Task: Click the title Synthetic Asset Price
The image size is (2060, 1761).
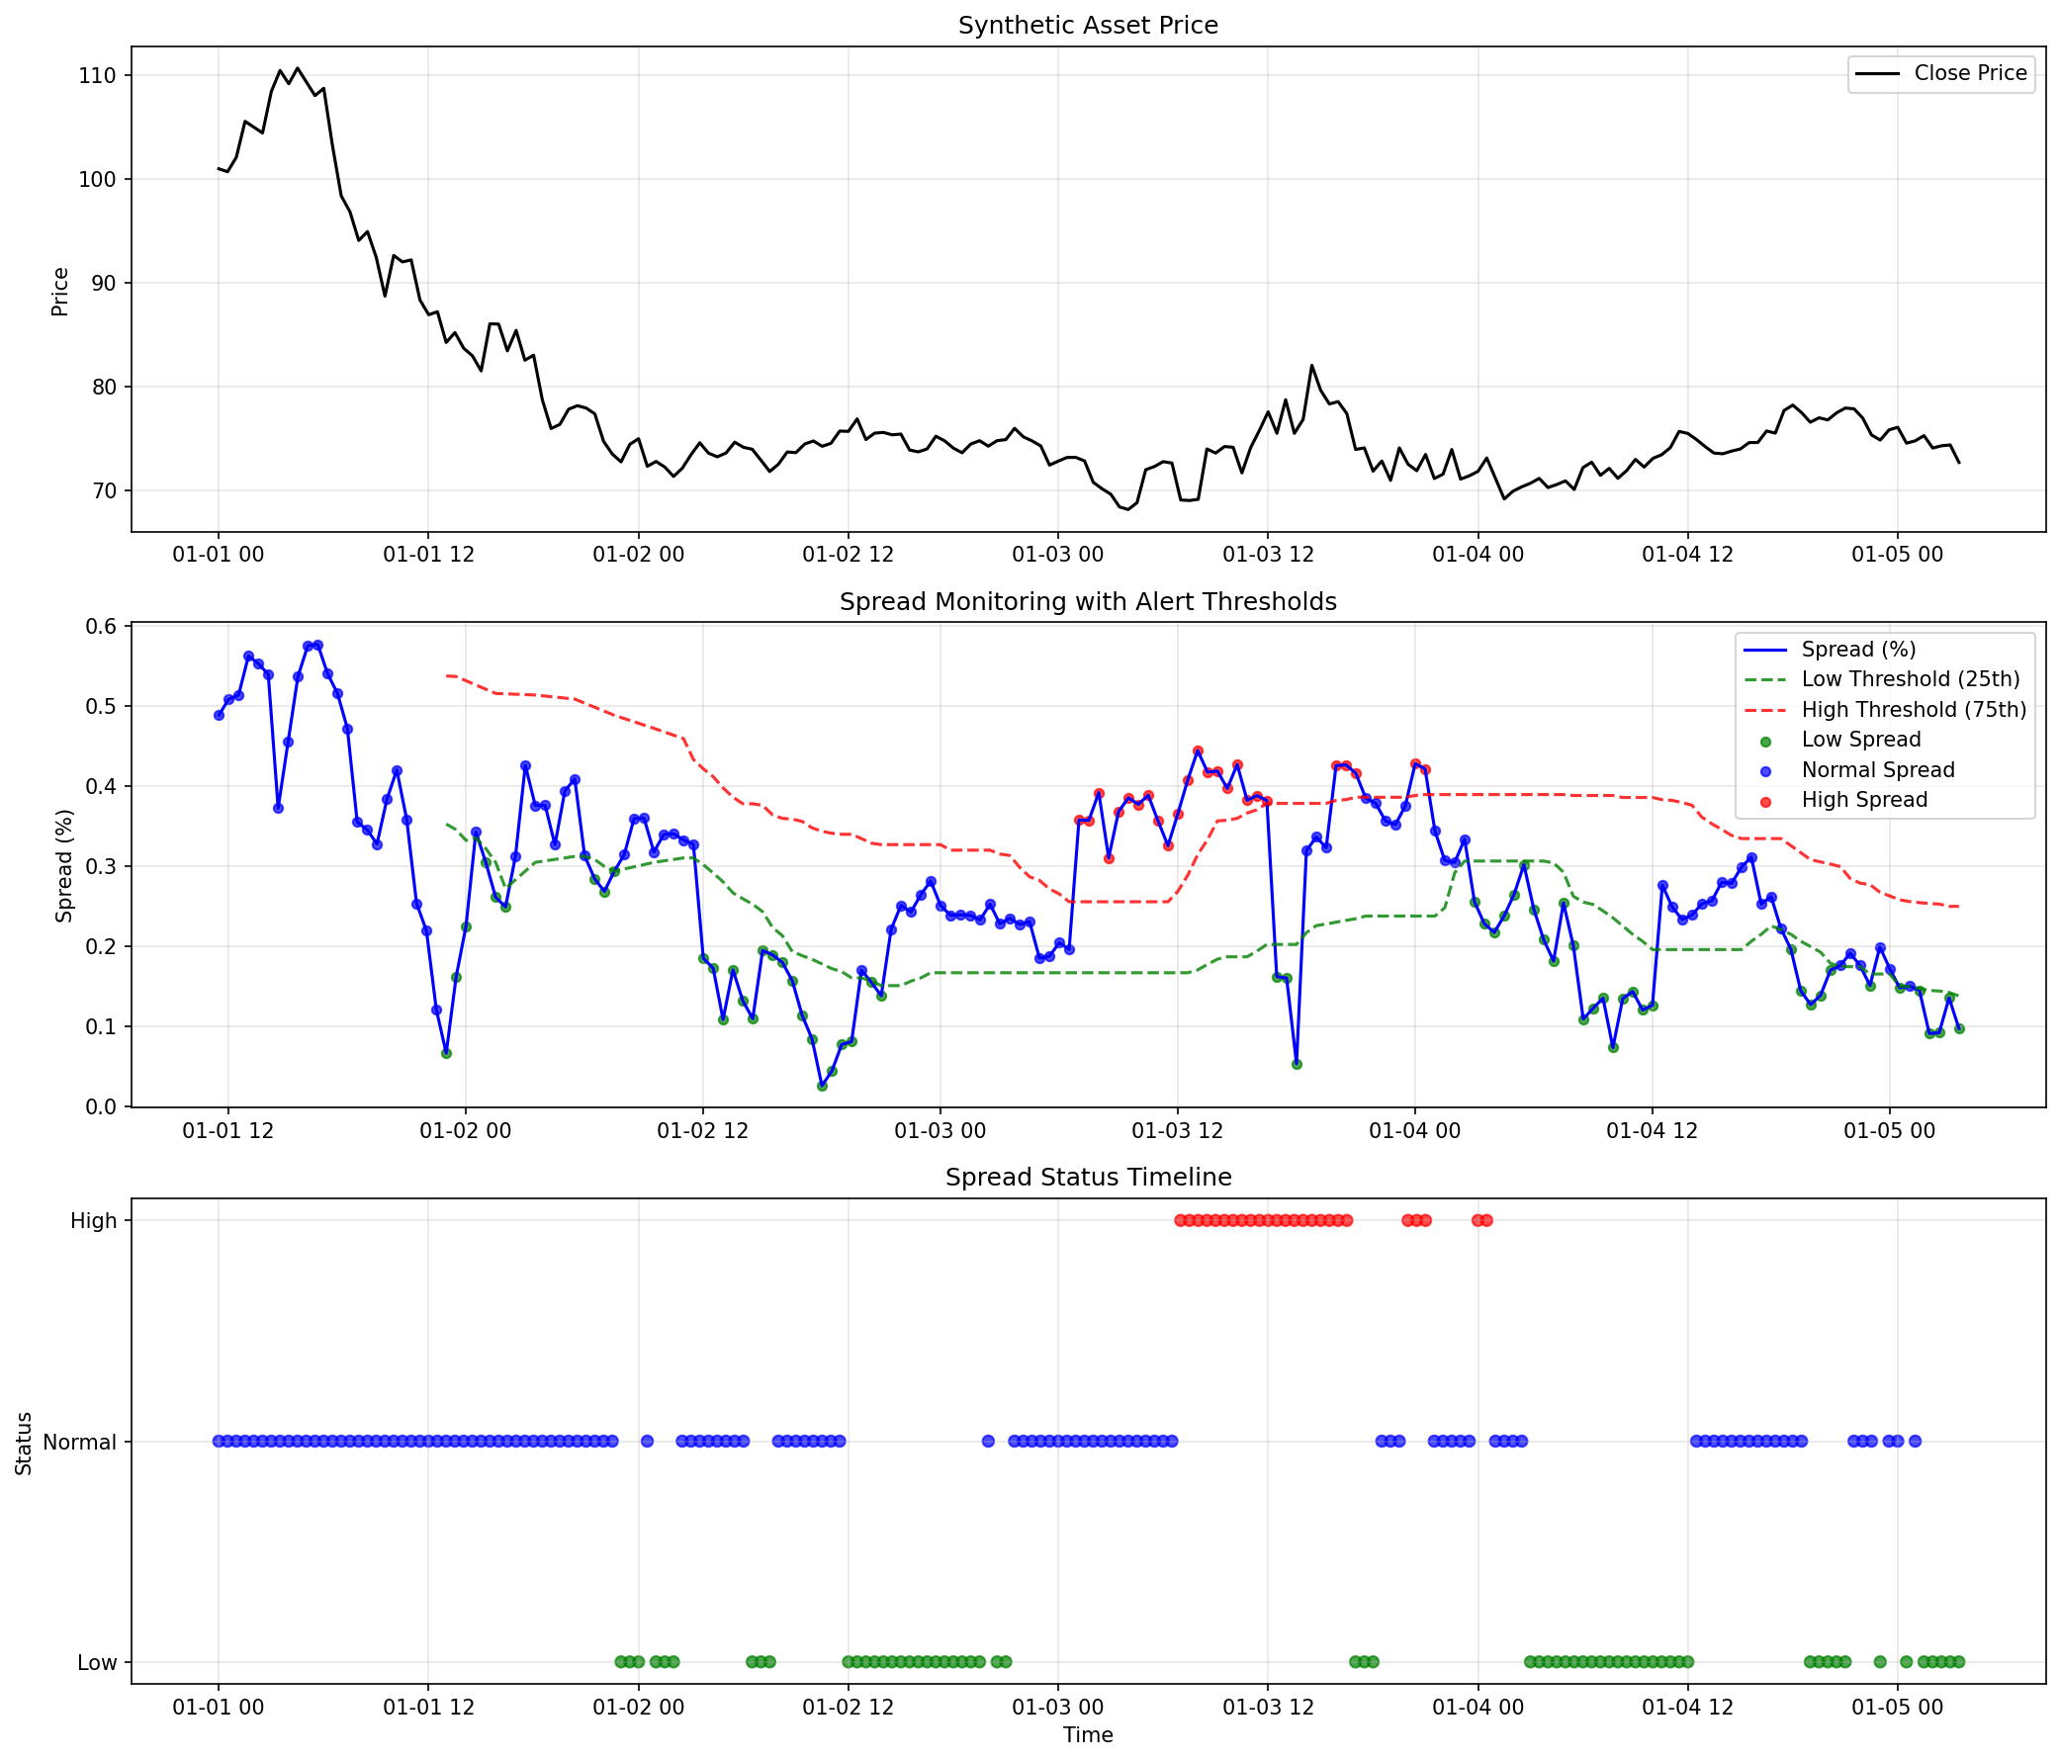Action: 1088,25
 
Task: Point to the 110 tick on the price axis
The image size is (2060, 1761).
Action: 98,75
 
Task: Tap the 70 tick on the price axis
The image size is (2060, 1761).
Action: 104,491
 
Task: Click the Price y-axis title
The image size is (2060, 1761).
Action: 60,291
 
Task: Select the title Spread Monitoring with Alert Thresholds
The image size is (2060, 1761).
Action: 1088,601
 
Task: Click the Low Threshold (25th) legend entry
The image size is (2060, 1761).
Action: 1910,678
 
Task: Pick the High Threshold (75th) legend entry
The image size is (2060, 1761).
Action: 1913,710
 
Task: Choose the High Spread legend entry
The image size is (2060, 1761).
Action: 1864,800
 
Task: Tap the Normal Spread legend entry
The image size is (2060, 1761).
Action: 1877,770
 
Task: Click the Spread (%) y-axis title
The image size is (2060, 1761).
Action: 64,865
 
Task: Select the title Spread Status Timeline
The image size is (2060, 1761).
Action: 1088,1177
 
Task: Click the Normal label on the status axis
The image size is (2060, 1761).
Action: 79,1442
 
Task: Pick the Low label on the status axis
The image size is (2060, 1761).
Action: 98,1662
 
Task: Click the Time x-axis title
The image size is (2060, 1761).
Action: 1088,1734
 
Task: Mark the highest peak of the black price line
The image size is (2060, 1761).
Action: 298,68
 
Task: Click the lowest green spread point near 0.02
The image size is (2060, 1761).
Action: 822,1087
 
